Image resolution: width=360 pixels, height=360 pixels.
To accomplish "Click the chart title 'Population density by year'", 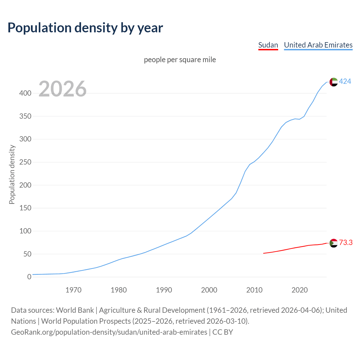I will point(85,28).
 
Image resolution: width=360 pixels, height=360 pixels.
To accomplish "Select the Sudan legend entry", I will point(268,45).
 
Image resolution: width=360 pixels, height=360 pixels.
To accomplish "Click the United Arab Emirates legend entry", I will point(318,45).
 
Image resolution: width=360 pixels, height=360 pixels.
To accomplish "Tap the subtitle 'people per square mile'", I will point(180,60).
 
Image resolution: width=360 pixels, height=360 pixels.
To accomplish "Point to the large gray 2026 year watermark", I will point(62,89).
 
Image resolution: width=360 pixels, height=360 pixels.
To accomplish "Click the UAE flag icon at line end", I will point(334,82).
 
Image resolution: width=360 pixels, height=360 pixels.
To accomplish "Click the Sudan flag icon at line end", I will point(334,243).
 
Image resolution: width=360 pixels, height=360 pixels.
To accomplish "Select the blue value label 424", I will point(345,82).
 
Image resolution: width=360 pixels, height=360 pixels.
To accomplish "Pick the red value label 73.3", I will point(346,242).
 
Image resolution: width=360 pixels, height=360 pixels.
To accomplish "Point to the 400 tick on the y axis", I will point(25,93).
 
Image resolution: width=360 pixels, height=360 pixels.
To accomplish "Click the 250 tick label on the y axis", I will point(25,162).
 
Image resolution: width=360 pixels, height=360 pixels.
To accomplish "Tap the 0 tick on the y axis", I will point(29,277).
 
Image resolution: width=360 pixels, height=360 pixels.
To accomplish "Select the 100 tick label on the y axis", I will point(25,231).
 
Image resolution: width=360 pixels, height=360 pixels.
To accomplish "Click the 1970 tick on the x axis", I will point(73,290).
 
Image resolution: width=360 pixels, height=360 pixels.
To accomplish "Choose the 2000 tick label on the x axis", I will point(209,290).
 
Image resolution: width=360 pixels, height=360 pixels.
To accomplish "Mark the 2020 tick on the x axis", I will point(300,290).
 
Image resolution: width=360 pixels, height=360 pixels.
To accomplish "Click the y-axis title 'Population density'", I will point(12,174).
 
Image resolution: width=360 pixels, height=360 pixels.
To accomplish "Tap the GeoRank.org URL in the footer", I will point(109,332).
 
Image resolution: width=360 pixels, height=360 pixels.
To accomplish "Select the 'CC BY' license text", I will point(223,332).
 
